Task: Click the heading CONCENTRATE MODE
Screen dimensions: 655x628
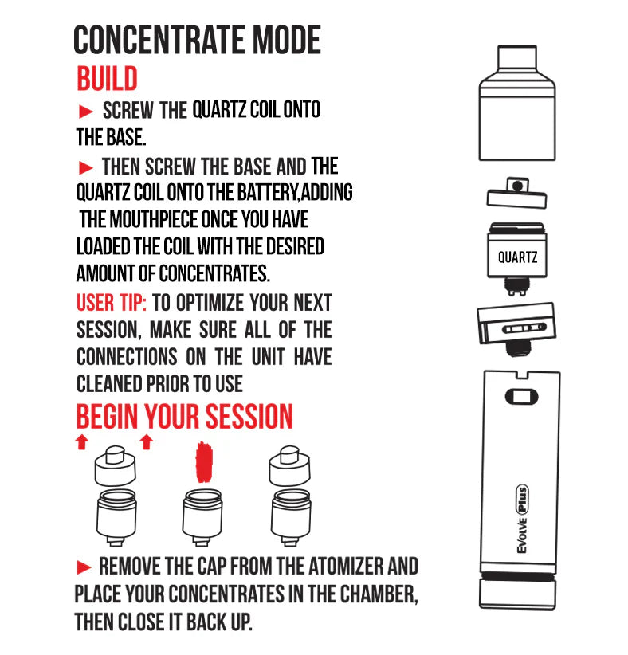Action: coord(197,41)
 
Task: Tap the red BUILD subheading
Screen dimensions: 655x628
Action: coord(107,79)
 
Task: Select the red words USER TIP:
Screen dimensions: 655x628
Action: coord(111,303)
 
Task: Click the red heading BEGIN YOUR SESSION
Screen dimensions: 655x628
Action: coord(184,417)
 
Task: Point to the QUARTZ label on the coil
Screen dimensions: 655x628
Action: coord(517,257)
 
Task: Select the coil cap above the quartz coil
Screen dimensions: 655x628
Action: coord(517,191)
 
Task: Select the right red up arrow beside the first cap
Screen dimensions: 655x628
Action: coord(146,443)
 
